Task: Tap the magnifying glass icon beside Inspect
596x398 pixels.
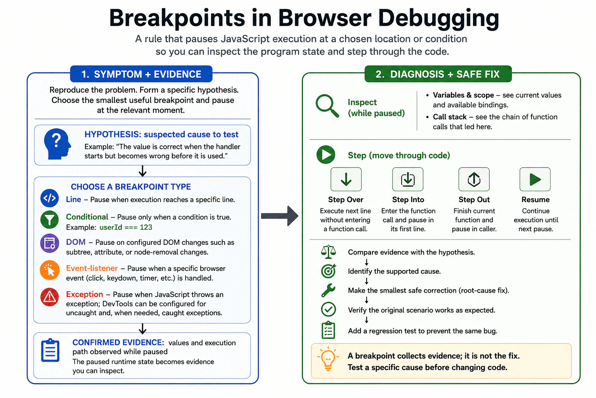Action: click(327, 106)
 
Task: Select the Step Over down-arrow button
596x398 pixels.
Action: click(346, 179)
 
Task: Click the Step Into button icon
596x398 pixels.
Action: click(408, 179)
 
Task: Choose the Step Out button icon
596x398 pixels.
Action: click(474, 179)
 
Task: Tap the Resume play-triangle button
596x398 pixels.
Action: click(535, 179)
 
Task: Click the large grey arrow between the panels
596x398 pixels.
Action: click(279, 216)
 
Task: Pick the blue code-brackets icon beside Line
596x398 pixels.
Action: click(50, 198)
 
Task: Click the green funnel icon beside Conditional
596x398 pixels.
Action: click(50, 220)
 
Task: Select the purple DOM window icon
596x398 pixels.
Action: click(50, 243)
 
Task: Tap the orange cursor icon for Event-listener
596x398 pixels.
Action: click(50, 270)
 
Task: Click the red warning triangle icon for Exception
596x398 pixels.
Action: click(50, 297)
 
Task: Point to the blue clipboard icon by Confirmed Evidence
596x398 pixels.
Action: click(50, 350)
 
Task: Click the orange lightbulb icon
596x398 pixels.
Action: click(328, 358)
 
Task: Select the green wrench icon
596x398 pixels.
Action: click(328, 290)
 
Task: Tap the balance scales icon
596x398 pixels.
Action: click(328, 252)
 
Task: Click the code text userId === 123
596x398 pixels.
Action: click(126, 227)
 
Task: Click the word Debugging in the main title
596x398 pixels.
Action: click(438, 18)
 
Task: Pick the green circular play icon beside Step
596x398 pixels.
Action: click(326, 155)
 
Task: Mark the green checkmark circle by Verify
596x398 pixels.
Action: click(328, 309)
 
